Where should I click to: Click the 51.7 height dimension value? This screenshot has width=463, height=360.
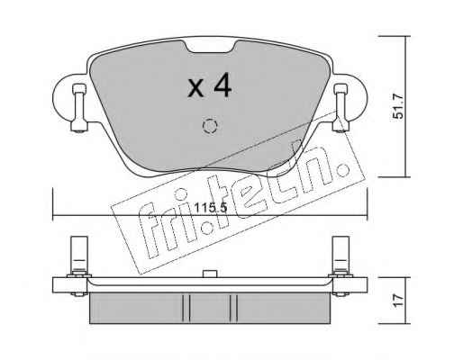point(400,106)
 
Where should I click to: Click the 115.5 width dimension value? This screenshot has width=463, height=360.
point(210,208)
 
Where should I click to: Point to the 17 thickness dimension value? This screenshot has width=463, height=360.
point(400,301)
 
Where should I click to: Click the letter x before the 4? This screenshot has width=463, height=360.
point(195,89)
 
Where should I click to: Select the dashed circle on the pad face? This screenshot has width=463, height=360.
point(210,126)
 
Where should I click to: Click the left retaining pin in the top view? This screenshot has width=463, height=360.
point(79,108)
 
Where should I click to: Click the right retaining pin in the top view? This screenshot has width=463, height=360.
point(341,108)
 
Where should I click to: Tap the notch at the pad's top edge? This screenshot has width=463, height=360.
point(210,46)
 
